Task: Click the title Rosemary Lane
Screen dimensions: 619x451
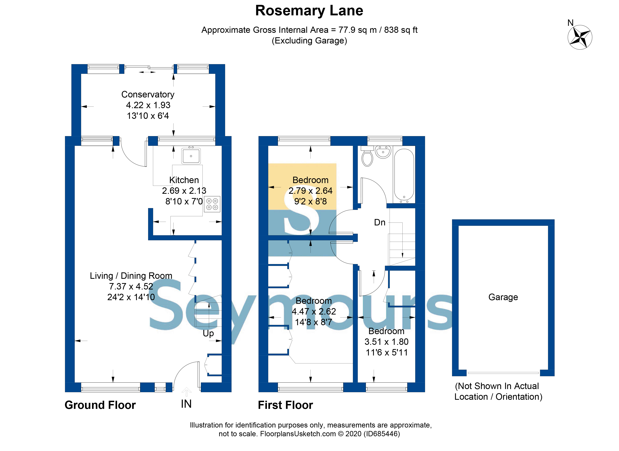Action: (309, 11)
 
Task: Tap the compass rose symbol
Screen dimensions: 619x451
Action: (580, 37)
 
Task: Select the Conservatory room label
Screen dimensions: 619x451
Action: (148, 95)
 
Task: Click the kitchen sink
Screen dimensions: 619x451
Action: (191, 156)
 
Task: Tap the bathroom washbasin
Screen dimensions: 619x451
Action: (383, 152)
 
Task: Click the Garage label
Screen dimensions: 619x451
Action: (503, 297)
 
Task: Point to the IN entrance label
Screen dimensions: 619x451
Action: (186, 404)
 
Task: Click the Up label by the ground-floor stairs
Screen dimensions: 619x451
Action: (208, 333)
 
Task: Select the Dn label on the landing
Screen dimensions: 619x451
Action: (380, 222)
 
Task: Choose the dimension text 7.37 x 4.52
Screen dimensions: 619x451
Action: (131, 286)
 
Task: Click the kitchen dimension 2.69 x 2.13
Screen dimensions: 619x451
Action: (184, 191)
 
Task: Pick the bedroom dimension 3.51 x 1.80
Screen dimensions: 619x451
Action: (386, 342)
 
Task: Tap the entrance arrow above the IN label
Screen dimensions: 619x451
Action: (186, 392)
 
